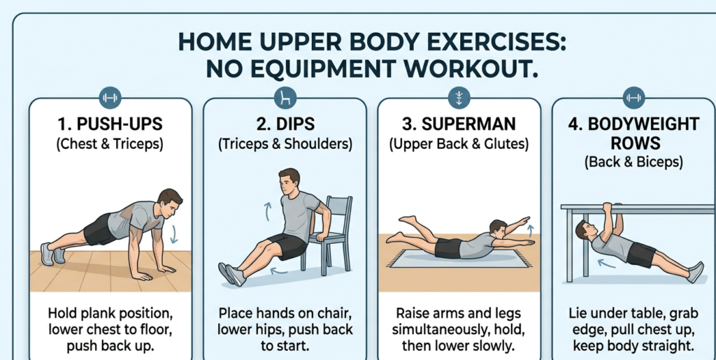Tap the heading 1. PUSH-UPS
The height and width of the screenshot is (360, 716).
tap(110, 124)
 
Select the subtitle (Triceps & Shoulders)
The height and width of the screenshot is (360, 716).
tap(285, 144)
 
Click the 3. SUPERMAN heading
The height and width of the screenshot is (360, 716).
tap(459, 124)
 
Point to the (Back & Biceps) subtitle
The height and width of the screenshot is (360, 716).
tap(633, 162)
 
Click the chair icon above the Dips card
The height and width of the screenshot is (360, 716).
tap(285, 98)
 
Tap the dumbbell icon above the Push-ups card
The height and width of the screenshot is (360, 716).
tap(110, 98)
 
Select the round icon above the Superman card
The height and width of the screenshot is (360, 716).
tap(459, 98)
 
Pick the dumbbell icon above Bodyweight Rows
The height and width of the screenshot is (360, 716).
tap(633, 98)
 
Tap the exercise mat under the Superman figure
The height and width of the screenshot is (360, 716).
tap(459, 259)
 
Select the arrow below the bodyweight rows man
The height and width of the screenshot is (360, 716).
tap(606, 264)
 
